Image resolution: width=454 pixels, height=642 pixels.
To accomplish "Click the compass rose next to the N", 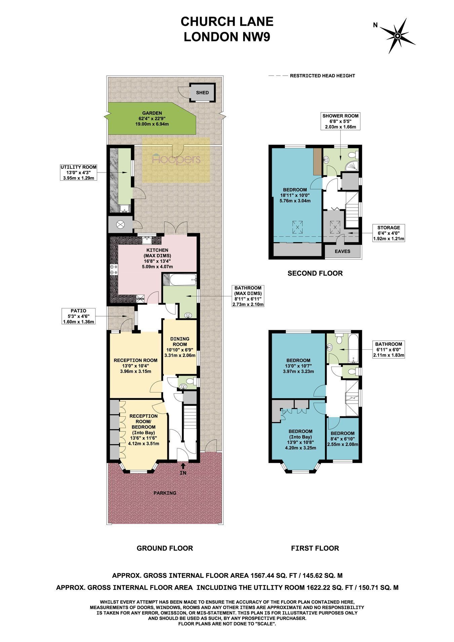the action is [x=398, y=36].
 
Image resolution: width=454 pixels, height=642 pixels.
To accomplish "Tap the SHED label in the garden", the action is [x=202, y=93].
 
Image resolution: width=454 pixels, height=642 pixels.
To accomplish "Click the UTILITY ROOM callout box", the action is [x=78, y=173].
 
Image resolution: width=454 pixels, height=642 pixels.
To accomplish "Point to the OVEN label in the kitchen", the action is [x=140, y=299].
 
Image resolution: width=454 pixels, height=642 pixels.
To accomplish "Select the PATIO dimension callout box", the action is [x=79, y=316].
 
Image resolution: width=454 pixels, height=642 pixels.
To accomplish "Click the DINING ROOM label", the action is [x=180, y=341].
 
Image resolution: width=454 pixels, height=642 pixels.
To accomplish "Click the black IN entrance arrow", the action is [x=183, y=466].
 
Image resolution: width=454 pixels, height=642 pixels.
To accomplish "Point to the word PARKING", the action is [x=165, y=493].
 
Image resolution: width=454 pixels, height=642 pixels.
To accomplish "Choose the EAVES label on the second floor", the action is [x=343, y=251].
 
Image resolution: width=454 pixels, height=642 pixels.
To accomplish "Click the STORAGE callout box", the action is [x=388, y=233].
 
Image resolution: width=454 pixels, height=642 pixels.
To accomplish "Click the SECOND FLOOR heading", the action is [x=315, y=273].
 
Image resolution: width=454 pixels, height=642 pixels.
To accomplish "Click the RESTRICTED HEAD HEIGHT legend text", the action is [x=323, y=76].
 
